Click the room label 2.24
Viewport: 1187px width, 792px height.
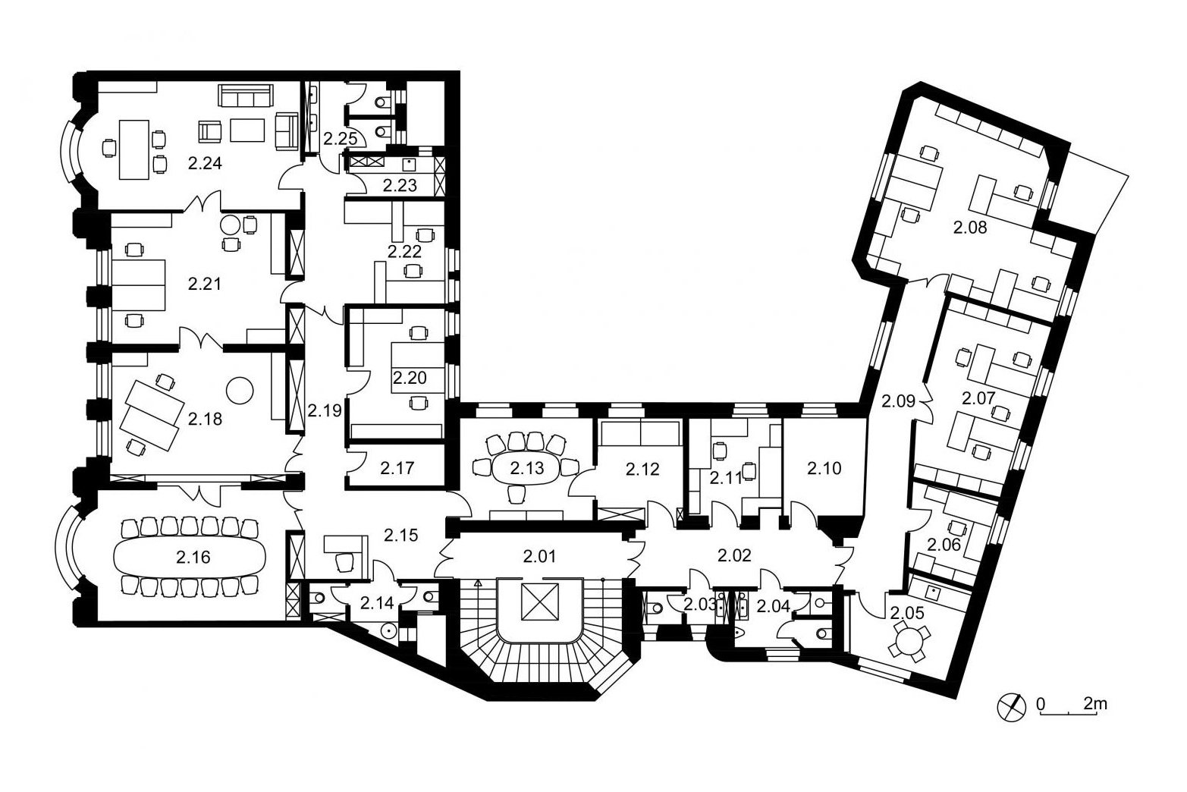click(205, 163)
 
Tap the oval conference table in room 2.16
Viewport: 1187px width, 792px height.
click(190, 557)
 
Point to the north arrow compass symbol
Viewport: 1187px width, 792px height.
click(1011, 708)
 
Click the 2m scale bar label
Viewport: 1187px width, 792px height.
click(1094, 704)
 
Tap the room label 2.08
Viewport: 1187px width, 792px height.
click(970, 228)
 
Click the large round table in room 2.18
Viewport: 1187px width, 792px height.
click(240, 390)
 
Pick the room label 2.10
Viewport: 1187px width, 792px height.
click(824, 468)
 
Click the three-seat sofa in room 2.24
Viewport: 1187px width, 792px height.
click(245, 96)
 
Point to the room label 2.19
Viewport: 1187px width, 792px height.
click(325, 410)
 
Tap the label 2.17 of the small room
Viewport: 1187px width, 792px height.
click(397, 468)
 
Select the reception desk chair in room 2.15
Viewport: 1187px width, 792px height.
click(345, 562)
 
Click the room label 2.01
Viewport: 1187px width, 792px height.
click(539, 557)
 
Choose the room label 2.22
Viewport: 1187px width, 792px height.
click(404, 251)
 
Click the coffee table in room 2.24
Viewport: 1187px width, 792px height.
click(247, 130)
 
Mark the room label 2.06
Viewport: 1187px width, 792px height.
click(944, 545)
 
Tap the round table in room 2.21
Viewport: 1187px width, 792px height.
click(231, 225)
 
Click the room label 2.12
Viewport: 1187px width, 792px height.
click(642, 469)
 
